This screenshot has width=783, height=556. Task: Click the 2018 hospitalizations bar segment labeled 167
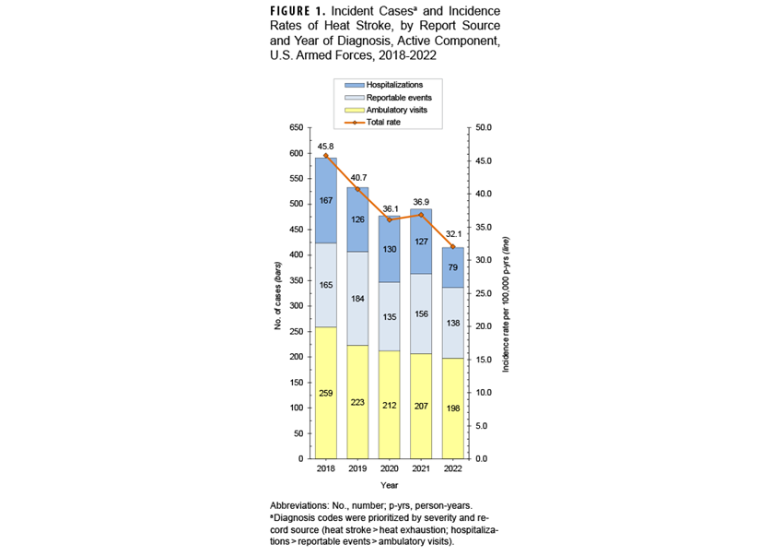point(325,200)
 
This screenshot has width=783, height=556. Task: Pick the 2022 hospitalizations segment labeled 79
point(453,267)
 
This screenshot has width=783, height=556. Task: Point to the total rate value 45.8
point(325,146)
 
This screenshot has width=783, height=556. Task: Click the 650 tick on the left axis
point(295,127)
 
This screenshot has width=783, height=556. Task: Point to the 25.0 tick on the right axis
point(483,293)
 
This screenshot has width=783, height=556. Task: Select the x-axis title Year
point(390,485)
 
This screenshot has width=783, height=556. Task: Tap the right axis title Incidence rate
point(506,304)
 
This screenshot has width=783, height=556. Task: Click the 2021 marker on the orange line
point(421,215)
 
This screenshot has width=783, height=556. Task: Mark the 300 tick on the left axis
point(295,305)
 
